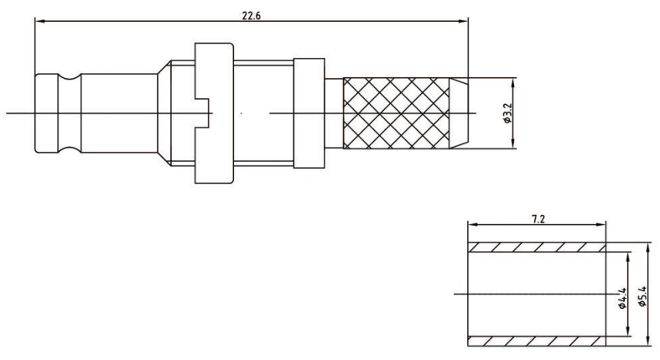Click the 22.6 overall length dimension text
pos(252,16)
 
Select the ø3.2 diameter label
pos(507,113)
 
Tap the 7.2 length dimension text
pos(538,219)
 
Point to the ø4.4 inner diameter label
pos(622,298)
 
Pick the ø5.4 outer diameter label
pos(642,295)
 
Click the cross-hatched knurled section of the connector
pos(396,112)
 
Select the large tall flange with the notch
pos(214,112)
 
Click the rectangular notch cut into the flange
pos(202,112)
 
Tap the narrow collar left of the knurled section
pos(309,112)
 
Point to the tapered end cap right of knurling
pos(459,112)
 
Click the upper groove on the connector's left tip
pos(69,76)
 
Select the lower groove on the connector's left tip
pos(69,149)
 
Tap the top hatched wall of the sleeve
pos(537,248)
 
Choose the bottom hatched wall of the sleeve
pos(537,342)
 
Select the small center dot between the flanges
pos(242,113)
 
